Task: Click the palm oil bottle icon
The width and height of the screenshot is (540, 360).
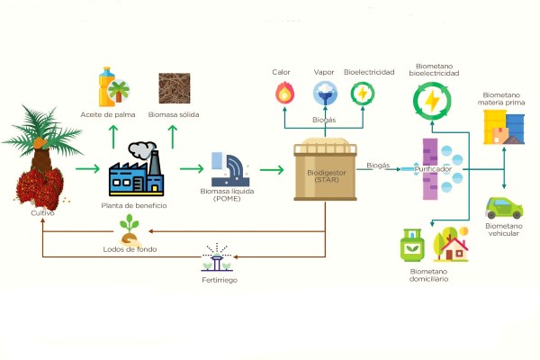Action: pos(112,87)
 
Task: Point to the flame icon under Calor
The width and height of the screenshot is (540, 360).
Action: pos(284,93)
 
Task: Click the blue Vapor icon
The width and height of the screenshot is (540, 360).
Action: pos(324,93)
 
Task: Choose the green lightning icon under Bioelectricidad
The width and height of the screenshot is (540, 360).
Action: pos(362,93)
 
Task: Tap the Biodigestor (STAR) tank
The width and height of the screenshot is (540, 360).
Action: pos(325,171)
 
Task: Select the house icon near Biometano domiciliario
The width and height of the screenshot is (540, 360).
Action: pos(450,243)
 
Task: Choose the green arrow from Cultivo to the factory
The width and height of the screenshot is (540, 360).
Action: pos(87,167)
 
